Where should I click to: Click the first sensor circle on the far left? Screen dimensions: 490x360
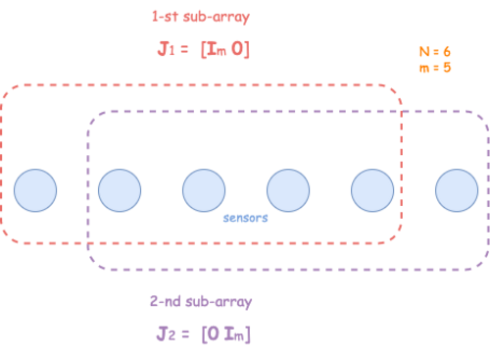pos(35,190)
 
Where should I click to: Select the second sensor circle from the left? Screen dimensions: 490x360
pos(120,190)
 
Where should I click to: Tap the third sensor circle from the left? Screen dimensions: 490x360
pos(204,190)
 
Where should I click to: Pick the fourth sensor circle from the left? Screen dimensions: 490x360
pos(288,190)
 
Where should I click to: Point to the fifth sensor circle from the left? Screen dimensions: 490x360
pos(372,190)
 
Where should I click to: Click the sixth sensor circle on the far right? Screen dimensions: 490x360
pos(457,190)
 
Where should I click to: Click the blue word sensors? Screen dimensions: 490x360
pos(245,218)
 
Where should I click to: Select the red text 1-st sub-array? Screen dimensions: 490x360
pos(201,18)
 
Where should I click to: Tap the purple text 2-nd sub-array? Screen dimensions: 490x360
pos(201,302)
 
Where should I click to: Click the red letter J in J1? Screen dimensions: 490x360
pos(163,49)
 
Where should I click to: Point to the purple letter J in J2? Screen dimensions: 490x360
pos(162,334)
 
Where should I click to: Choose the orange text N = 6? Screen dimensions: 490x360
pos(435,52)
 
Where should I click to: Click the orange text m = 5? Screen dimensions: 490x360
pos(435,68)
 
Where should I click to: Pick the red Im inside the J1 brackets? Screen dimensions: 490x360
pos(217,50)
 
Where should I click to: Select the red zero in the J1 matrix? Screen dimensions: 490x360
pos(237,49)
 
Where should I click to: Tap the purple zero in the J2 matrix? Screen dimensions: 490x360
pos(213,334)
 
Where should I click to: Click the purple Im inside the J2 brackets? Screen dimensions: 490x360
pos(234,334)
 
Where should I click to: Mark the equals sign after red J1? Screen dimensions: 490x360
pos(184,50)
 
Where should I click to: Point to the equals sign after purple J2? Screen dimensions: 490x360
pos(185,334)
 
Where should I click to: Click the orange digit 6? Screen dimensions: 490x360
pos(447,52)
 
